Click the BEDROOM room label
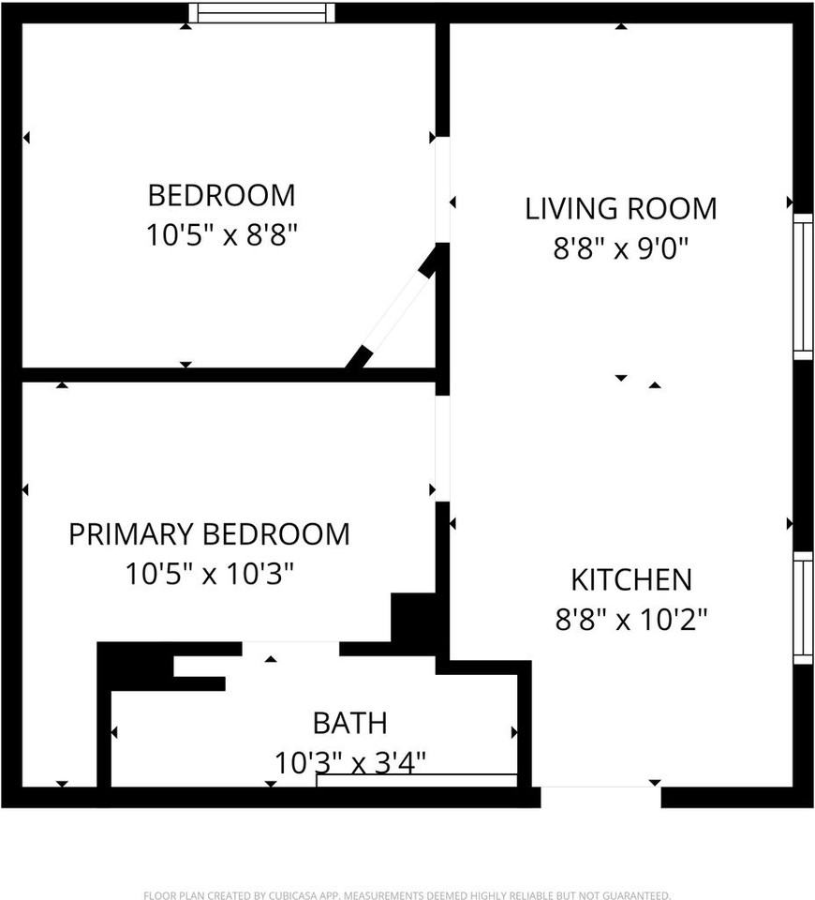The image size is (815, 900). pos(221,195)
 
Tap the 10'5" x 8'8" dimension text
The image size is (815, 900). pos(221,234)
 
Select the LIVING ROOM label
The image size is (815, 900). pos(620,208)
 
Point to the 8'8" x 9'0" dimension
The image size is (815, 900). pos(620,248)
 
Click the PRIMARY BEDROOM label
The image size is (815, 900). pos(209,534)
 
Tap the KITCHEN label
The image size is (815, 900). pos(631,579)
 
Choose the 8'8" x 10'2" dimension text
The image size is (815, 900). pos(631,620)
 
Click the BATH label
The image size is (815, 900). pos(349,723)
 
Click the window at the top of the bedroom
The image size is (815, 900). pos(261,13)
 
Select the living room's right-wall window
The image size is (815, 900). pos(803,286)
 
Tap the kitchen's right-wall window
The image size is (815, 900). pos(803,607)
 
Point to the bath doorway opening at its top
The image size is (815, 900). pos(290,649)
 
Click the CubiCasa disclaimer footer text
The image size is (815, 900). pos(407,895)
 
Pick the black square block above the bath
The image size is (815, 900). pos(412,619)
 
